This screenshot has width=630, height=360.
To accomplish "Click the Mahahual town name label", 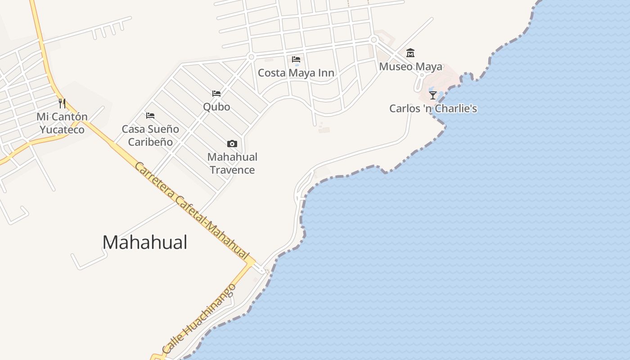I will coord(144,243).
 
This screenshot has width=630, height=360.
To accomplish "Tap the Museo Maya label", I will coord(410,67).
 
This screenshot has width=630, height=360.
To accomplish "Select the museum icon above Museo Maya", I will coord(410,53).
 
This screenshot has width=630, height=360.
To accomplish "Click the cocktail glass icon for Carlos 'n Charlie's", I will coord(433,95).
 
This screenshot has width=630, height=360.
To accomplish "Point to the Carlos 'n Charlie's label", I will coord(433,108).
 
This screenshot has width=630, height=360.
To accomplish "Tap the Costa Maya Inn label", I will coord(296,73).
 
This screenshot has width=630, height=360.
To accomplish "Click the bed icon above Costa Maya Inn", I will coord(296,59).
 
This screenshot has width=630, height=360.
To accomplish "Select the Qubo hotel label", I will coord(216,107).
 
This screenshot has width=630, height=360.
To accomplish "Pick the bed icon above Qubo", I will coord(216,94).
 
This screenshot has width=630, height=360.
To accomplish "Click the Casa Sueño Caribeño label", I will coord(150,135).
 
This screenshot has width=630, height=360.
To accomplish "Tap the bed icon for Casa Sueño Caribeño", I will coord(150,116).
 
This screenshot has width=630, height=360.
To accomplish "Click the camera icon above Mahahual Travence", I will coord(232,144).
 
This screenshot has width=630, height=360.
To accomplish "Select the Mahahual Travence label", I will coord(232,163).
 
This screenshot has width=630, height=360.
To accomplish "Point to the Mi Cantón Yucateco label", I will coord(62,123).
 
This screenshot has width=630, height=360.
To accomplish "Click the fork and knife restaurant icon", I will coord(62,103).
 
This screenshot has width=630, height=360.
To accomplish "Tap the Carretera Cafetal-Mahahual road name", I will coord(192,211).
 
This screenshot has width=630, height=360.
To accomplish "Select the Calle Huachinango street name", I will coord(198,319).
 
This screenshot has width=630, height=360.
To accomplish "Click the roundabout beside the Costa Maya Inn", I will coord(252,57).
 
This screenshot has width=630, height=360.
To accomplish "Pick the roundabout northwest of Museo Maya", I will coord(373,40).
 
